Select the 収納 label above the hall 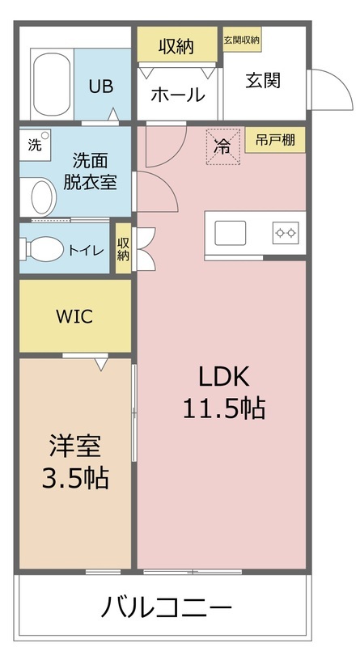tap(176, 46)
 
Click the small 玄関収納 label tap(241, 40)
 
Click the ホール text tap(177, 95)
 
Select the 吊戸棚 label tap(274, 139)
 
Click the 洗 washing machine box tap(34, 146)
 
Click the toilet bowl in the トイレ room tap(44, 248)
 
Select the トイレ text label tap(86, 250)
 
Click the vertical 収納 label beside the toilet tap(123, 248)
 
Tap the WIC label tap(74, 316)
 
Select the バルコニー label tap(167, 607)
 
